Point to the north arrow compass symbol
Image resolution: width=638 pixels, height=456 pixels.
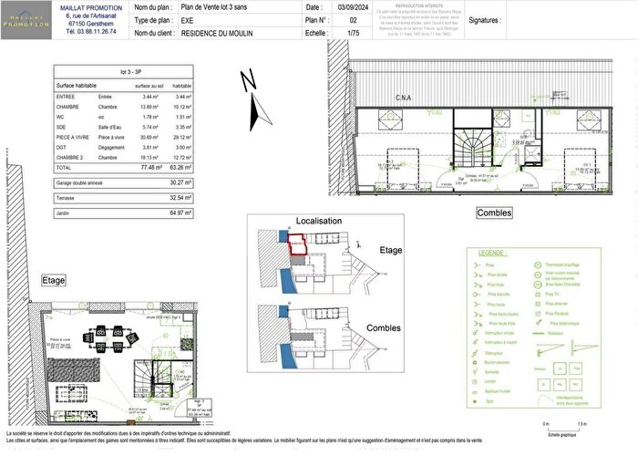pos(257,100)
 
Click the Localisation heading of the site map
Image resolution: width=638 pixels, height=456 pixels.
pos(319,221)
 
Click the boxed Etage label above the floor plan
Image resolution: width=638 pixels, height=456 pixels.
pos(53,280)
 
